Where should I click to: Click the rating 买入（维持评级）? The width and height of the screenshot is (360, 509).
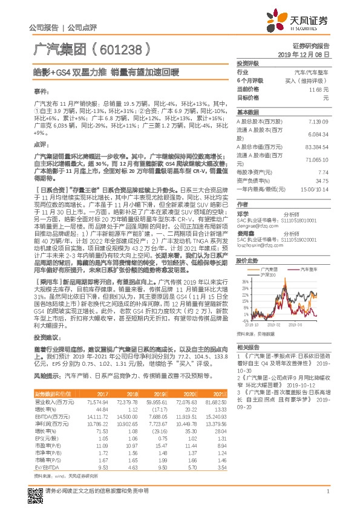point(307,80)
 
